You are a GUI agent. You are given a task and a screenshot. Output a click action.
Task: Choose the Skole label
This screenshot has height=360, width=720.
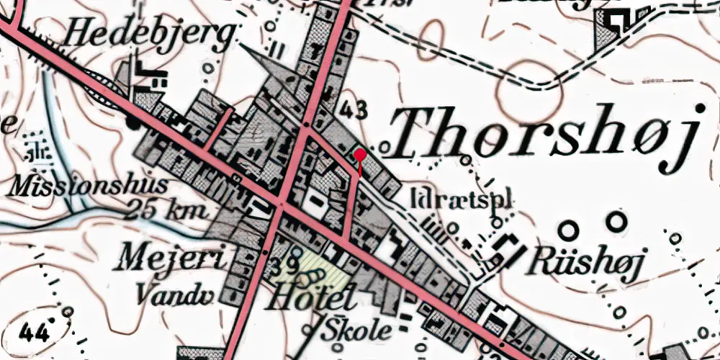358,330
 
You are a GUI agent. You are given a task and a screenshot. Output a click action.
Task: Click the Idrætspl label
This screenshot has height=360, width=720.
465,199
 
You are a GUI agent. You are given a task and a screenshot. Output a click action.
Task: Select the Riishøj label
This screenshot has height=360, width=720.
582,260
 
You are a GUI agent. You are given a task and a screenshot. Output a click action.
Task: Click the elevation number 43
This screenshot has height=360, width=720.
353,110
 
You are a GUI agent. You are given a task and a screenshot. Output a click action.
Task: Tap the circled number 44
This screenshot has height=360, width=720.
35,333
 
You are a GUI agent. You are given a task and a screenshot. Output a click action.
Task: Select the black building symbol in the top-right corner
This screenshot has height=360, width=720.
615,21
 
